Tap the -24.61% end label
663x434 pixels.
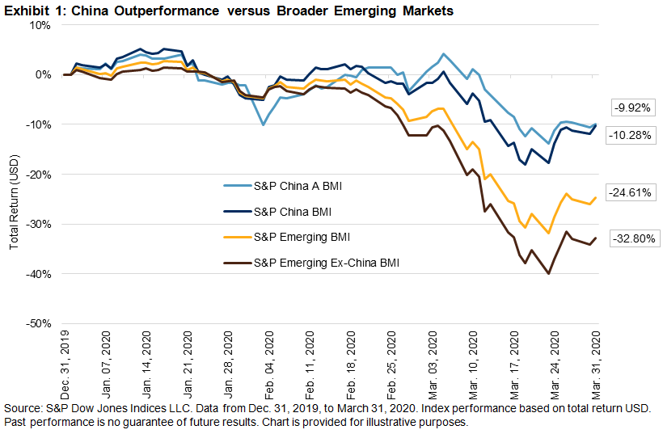[x=633, y=192]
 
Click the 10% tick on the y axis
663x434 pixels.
[x=38, y=24]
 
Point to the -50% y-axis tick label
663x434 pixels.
[x=36, y=323]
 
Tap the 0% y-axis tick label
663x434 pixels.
[x=41, y=74]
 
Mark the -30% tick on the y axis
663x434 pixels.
[x=36, y=224]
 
